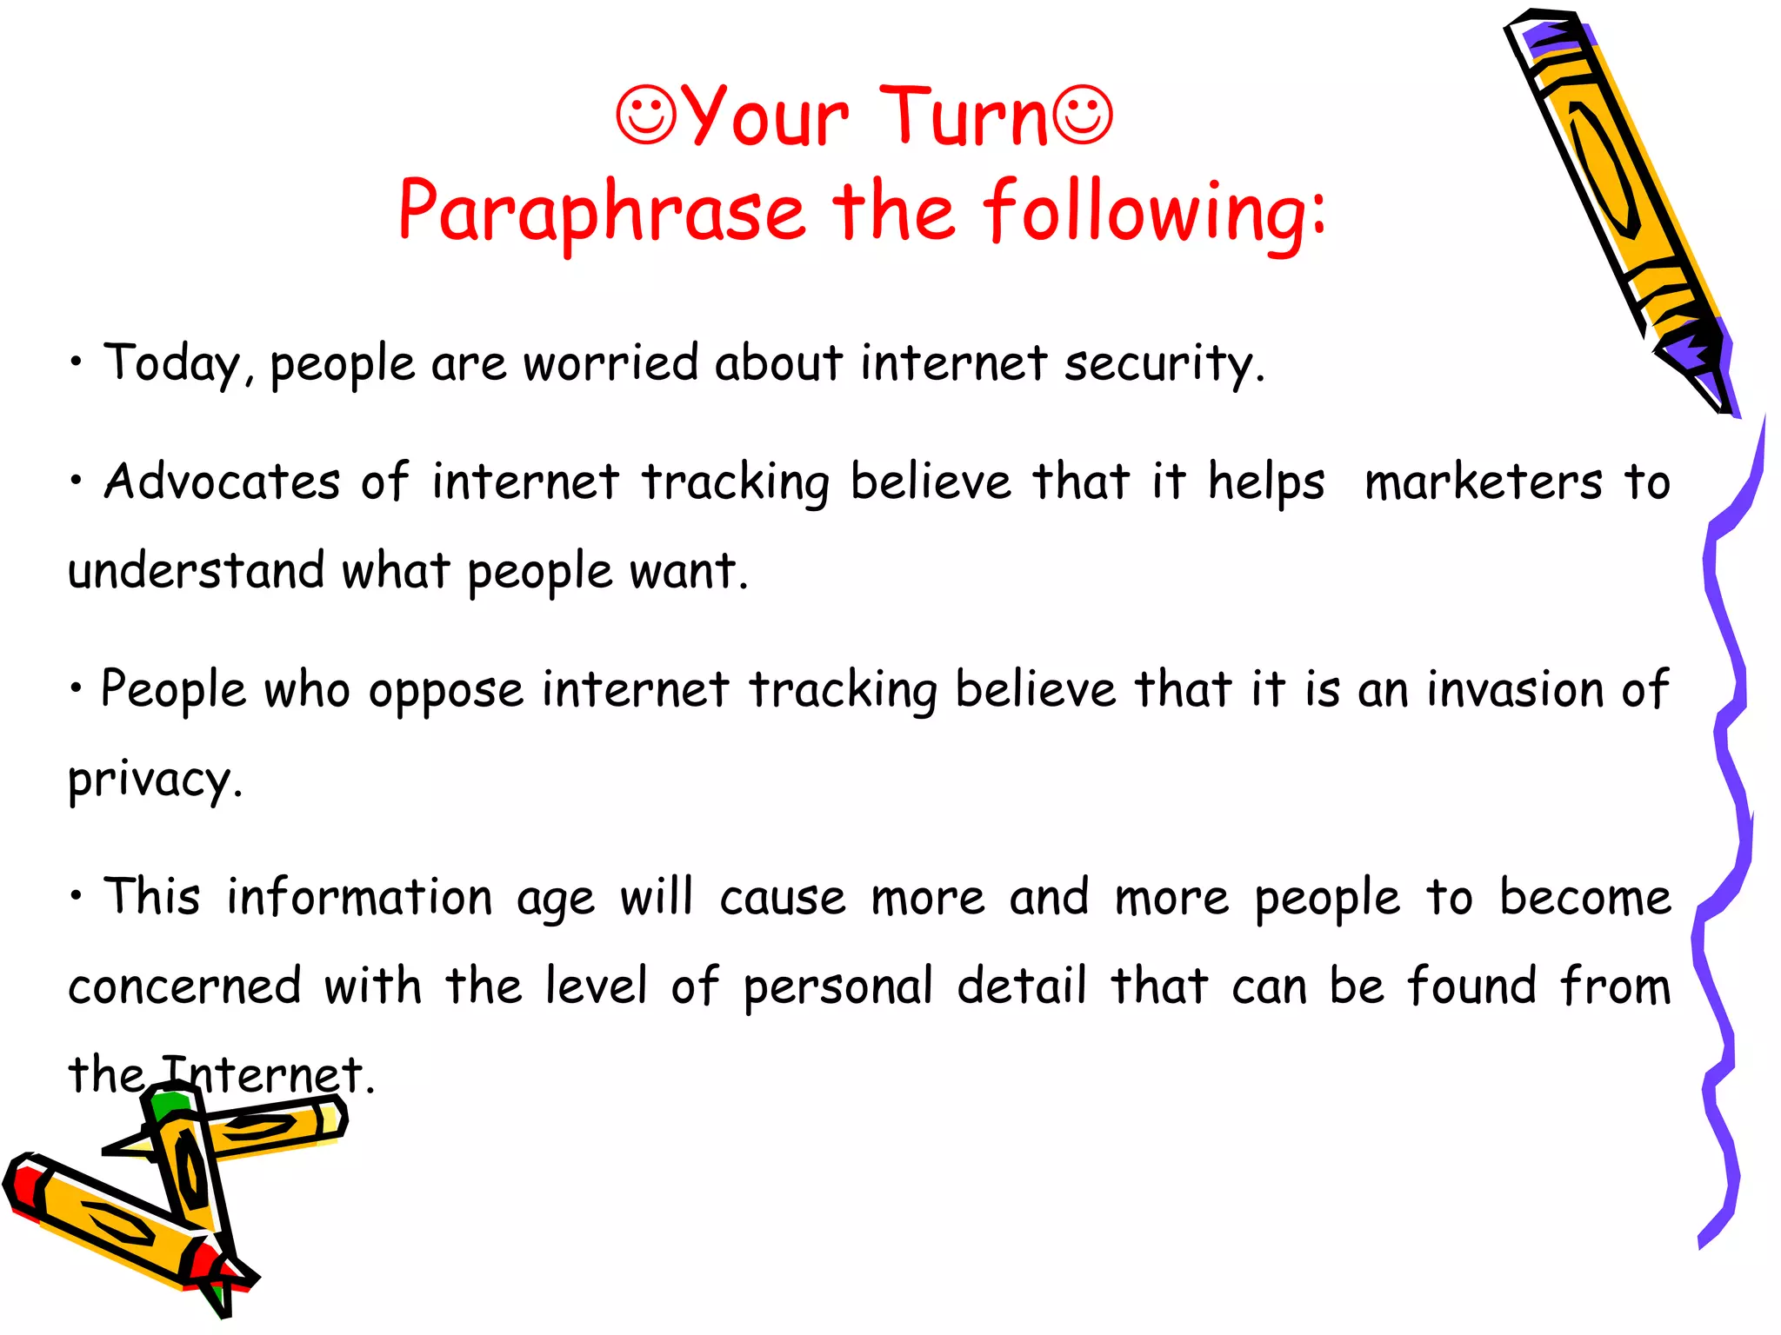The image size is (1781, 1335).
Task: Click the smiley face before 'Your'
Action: (646, 115)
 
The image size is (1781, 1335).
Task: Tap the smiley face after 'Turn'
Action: (1083, 115)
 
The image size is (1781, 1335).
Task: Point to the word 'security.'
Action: (1164, 363)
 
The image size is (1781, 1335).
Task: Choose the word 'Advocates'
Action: (223, 482)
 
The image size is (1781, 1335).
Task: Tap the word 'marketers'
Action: (1483, 482)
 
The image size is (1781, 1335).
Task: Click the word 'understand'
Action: (197, 571)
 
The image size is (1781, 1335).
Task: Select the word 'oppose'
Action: (446, 692)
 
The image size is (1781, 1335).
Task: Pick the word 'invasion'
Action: (1515, 690)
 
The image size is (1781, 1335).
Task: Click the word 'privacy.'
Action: (155, 780)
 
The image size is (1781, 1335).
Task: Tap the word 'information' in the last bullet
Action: (360, 898)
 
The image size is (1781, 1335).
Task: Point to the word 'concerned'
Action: (184, 986)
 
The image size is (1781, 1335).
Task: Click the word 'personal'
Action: (838, 987)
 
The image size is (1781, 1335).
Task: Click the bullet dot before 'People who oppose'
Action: (77, 687)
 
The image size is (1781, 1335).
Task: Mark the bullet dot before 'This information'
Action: (77, 894)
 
